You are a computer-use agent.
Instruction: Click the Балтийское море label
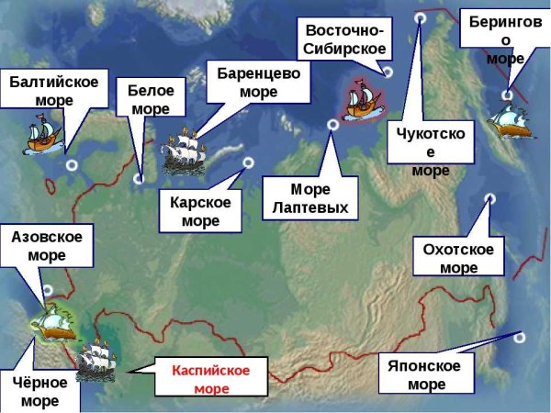54,90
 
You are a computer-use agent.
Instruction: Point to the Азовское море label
47,246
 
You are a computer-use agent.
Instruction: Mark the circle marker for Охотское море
490,198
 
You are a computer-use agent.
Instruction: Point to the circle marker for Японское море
520,337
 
